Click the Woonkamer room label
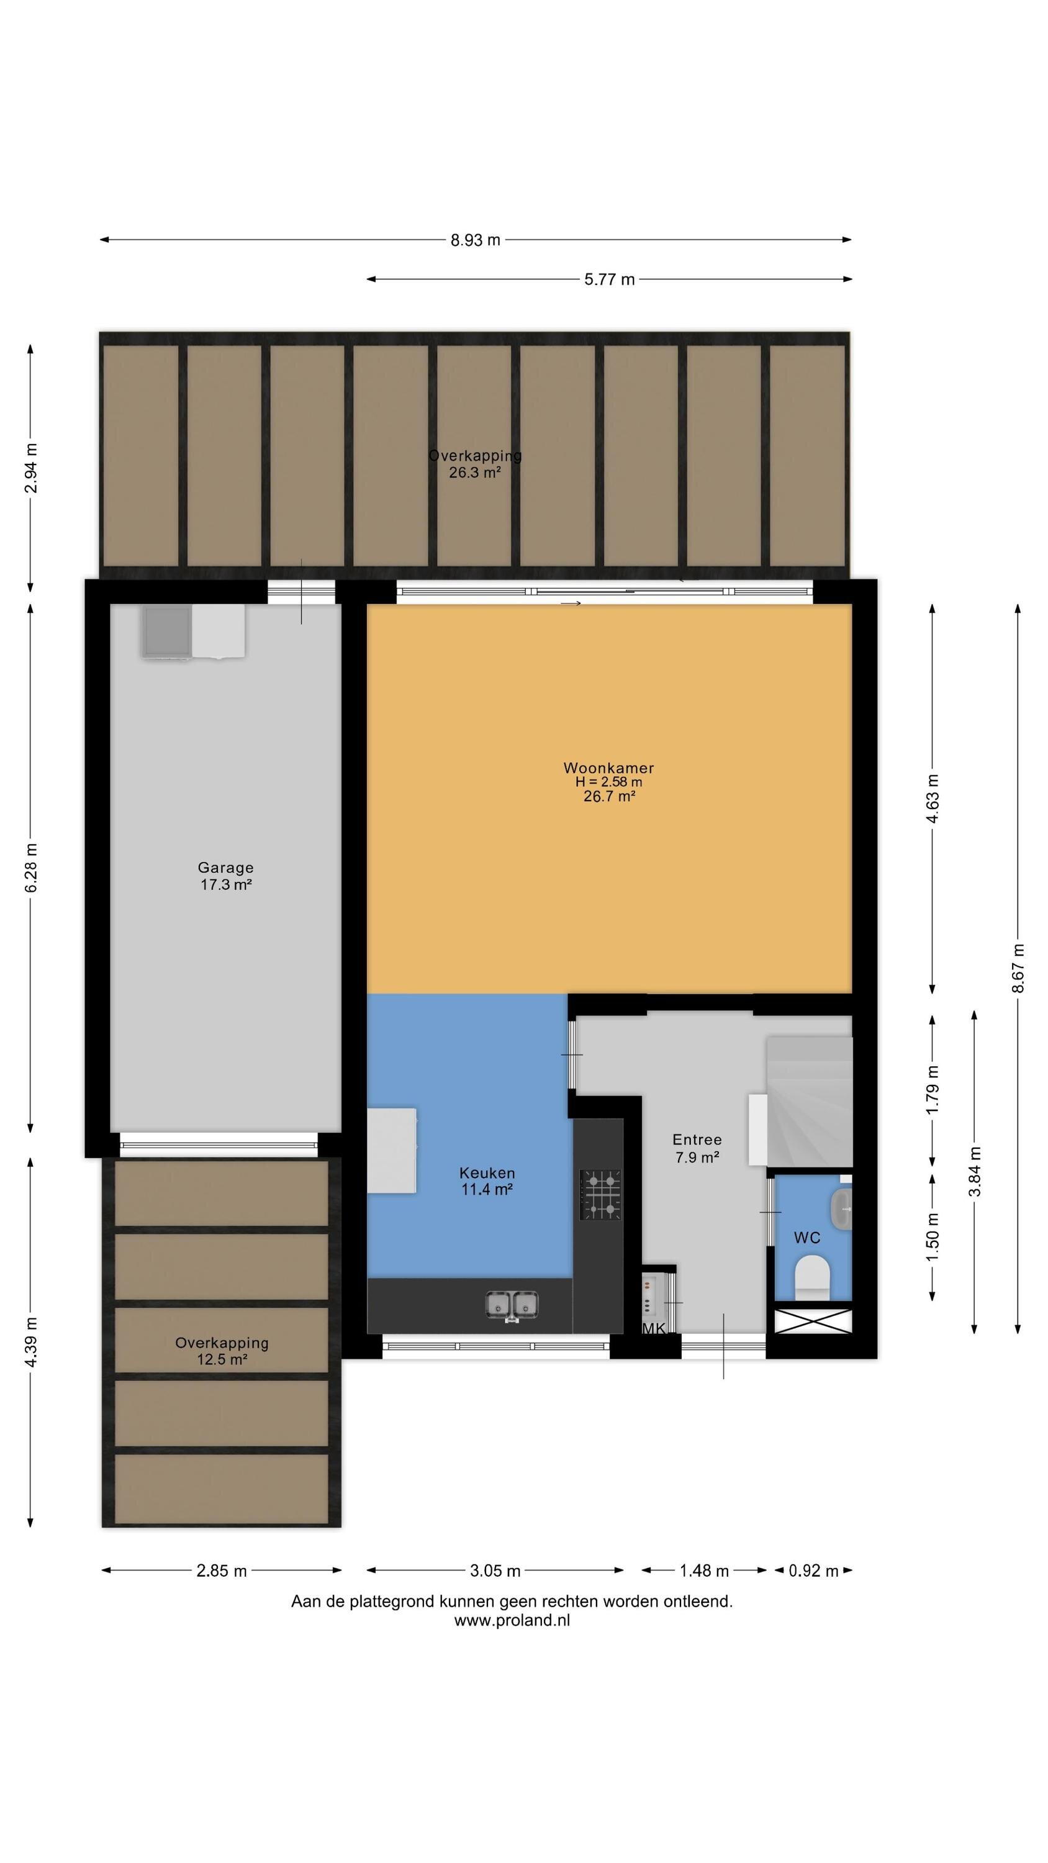point(608,768)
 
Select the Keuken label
point(487,1173)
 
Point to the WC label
point(807,1238)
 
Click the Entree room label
point(697,1140)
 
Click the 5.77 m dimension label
point(610,279)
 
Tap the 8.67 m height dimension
point(1018,968)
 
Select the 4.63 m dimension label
point(933,799)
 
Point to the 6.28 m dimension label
point(31,867)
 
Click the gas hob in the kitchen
point(600,1194)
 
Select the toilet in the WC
point(811,1278)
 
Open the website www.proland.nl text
point(512,1621)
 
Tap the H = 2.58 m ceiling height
point(609,782)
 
